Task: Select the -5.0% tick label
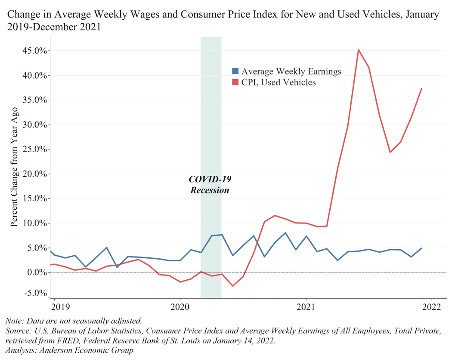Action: pos(35,293)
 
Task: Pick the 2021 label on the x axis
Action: pos(306,307)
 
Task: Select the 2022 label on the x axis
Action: pos(431,307)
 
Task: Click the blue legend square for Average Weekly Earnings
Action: pos(235,71)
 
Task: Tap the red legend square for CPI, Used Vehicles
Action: pos(235,82)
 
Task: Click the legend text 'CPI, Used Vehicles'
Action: pos(279,82)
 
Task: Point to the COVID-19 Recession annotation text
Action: pos(210,184)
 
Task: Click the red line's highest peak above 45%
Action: pos(359,49)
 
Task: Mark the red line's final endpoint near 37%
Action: pos(421,89)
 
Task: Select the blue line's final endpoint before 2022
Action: pos(421,248)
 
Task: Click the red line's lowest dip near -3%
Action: pos(233,286)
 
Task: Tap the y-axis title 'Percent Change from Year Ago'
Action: pos(14,167)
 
